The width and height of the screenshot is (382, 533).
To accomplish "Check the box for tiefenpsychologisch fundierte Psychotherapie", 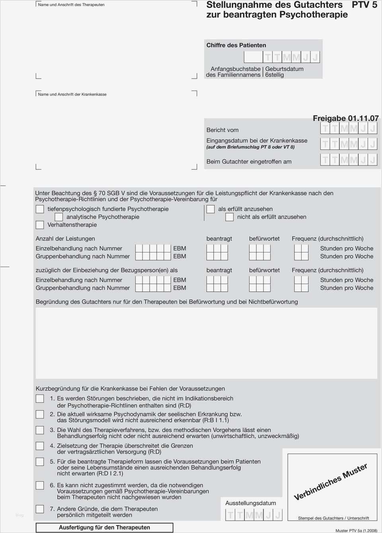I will (40, 209).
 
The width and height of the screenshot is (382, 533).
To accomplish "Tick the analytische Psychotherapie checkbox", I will (58, 217).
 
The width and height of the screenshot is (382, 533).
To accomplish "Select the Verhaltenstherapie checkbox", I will (40, 225).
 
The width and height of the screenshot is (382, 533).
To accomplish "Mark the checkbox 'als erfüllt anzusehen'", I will (210, 209).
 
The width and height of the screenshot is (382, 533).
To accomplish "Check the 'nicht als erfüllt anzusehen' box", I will (229, 217).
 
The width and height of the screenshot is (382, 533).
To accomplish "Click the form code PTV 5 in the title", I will (364, 5).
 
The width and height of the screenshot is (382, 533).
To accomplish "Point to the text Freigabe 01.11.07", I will (345, 118).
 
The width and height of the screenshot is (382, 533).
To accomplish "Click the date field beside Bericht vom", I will (349, 128).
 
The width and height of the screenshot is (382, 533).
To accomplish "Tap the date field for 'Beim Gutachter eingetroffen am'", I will (349, 160).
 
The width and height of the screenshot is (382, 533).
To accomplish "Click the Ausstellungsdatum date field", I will (253, 516).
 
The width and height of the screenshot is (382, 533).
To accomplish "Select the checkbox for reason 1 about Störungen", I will (40, 399).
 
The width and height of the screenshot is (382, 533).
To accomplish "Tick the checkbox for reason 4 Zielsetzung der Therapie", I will (40, 446).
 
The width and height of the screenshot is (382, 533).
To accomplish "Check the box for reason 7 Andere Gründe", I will (40, 509).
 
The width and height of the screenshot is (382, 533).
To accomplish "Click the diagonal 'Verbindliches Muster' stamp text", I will (330, 482).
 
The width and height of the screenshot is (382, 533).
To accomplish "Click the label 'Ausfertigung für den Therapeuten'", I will (104, 527).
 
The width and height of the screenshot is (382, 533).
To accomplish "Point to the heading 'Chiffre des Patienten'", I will (236, 45).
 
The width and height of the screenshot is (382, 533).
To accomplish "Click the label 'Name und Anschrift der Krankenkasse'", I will (72, 95).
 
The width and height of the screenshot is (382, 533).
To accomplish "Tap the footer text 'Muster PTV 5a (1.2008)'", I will (356, 531).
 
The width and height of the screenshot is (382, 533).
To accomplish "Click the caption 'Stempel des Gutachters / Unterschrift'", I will (333, 518).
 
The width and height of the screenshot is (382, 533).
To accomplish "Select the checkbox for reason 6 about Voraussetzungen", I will (40, 485).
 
